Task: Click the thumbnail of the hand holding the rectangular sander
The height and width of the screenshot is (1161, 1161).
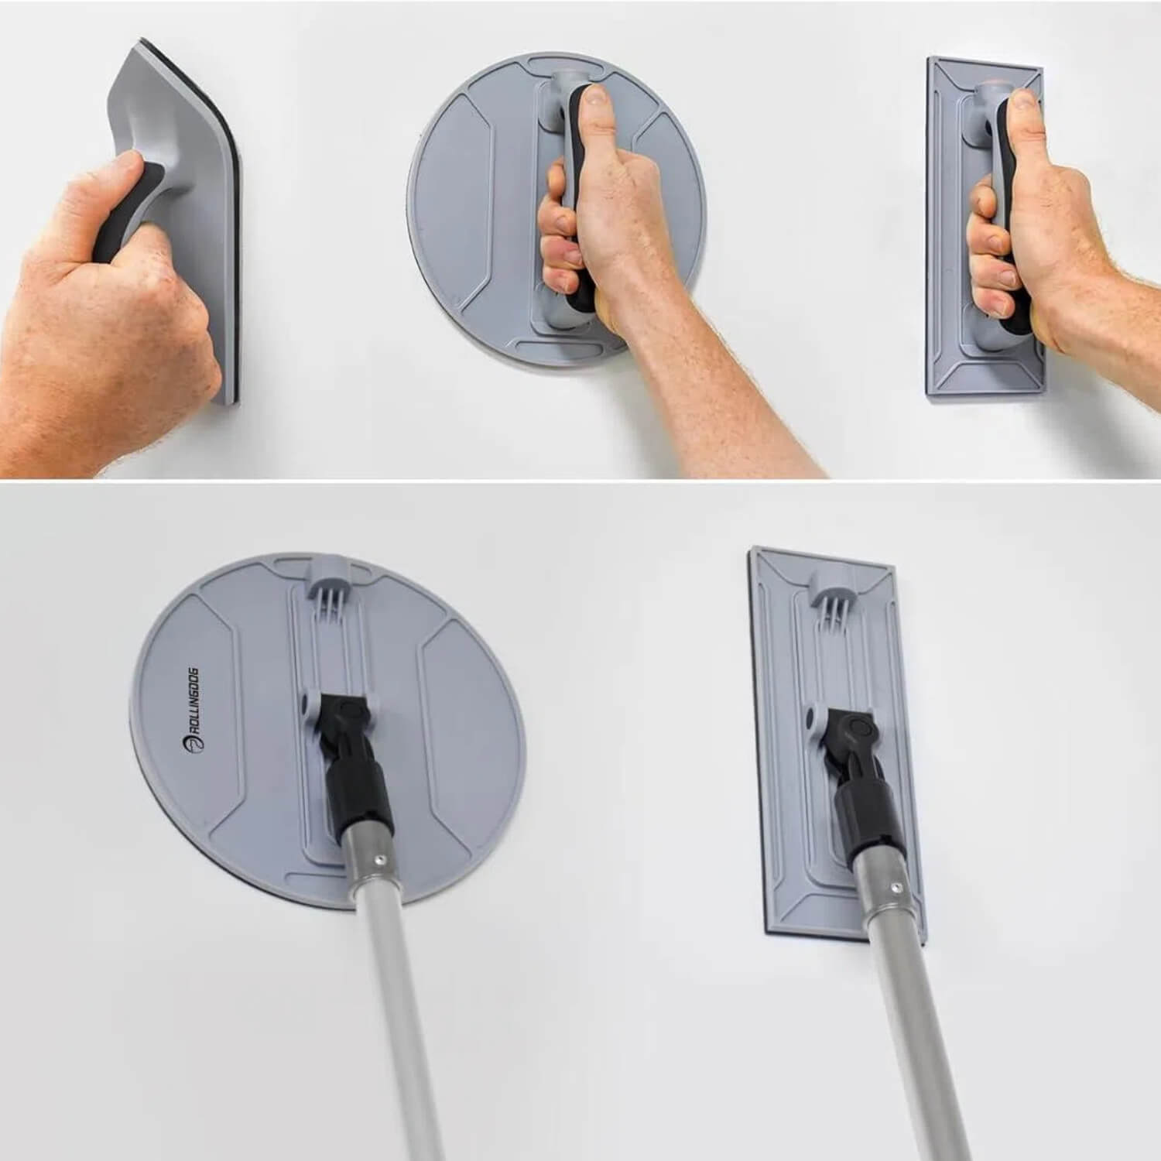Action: point(1023,101)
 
